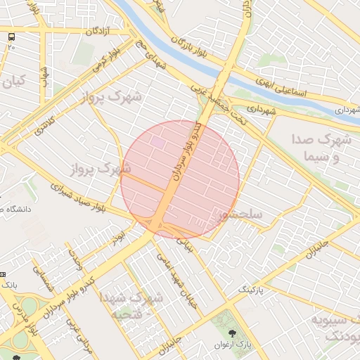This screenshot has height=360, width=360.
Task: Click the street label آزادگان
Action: (x=101, y=32)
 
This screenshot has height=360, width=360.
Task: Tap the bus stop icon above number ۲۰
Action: (x=11, y=37)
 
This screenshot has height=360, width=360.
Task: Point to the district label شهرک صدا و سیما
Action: (x=321, y=148)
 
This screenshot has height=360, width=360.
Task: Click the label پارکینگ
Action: (x=255, y=290)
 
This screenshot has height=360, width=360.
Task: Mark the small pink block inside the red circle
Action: (x=158, y=142)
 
